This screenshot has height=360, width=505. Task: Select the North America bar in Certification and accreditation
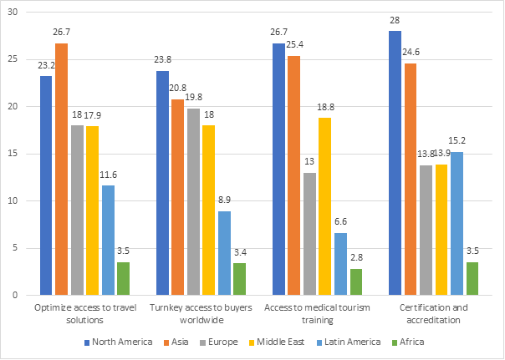pos(395,163)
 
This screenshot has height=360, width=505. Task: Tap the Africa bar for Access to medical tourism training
pos(355,281)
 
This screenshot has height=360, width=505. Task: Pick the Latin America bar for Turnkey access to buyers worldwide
pos(224,253)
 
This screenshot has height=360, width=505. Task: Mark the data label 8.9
pos(224,202)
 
